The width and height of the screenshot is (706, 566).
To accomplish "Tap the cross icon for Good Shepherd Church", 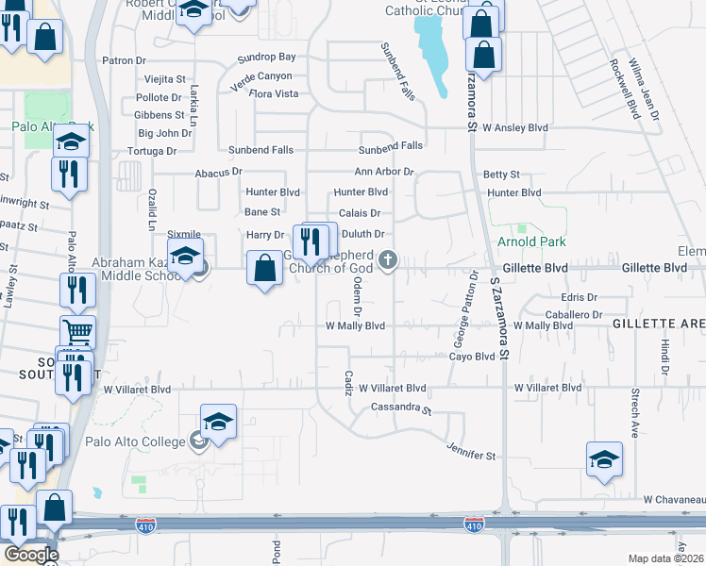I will click(387, 260).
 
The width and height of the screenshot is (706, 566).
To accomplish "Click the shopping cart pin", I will click(77, 332).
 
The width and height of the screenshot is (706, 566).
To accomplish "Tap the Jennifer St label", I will click(471, 456).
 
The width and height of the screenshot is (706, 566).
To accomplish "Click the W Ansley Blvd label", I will click(514, 126).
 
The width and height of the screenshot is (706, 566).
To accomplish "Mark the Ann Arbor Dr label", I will click(384, 172).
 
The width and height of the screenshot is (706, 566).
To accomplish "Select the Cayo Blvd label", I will click(472, 357).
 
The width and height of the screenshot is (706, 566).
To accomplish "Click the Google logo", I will click(30, 554).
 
